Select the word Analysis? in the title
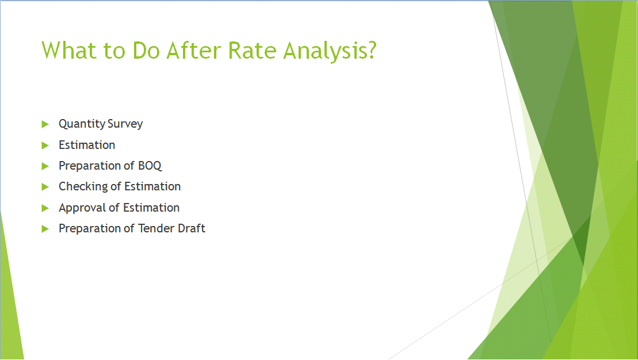(330, 51)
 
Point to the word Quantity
(82, 124)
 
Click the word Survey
(125, 124)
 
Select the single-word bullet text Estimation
(87, 145)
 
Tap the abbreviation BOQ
(150, 166)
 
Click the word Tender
(156, 228)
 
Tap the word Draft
(192, 228)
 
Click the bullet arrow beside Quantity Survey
(45, 124)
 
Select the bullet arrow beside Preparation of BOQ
(45, 166)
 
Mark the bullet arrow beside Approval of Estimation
(45, 208)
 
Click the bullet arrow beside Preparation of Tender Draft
(45, 229)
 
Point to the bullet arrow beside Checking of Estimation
(45, 187)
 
